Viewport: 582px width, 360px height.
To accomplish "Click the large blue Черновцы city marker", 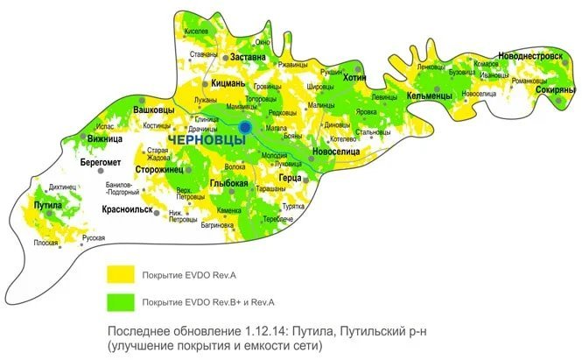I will tap(246, 127).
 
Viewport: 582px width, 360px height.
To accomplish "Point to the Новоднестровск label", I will tap(529, 54).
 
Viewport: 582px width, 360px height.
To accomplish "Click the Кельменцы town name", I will tap(429, 95).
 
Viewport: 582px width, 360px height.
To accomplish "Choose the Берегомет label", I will tap(101, 164).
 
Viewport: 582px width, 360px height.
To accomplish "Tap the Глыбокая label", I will tap(230, 183).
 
